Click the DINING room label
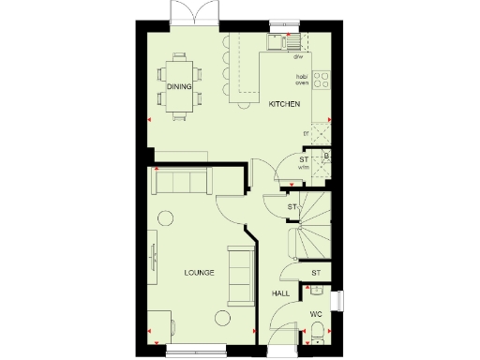pyautogui.click(x=179, y=87)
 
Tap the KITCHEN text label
pyautogui.click(x=284, y=104)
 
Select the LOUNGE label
pyautogui.click(x=199, y=273)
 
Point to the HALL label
pyautogui.click(x=280, y=293)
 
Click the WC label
pyautogui.click(x=316, y=313)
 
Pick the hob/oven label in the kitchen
pyautogui.click(x=302, y=80)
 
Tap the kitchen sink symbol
pyautogui.click(x=281, y=42)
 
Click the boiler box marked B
pyautogui.click(x=324, y=157)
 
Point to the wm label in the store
pyautogui.click(x=304, y=167)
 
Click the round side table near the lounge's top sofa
pyautogui.click(x=165, y=218)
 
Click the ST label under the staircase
pyautogui.click(x=292, y=206)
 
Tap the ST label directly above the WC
pyautogui.click(x=316, y=273)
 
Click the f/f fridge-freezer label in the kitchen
pyautogui.click(x=306, y=134)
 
